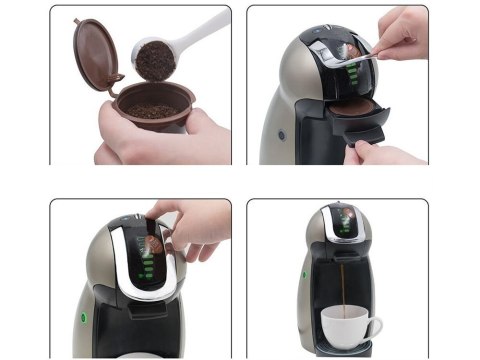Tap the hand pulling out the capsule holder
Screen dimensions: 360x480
[x=390, y=151]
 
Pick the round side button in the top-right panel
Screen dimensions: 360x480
[x=282, y=133]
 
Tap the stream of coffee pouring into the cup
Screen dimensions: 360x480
[x=342, y=285]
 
